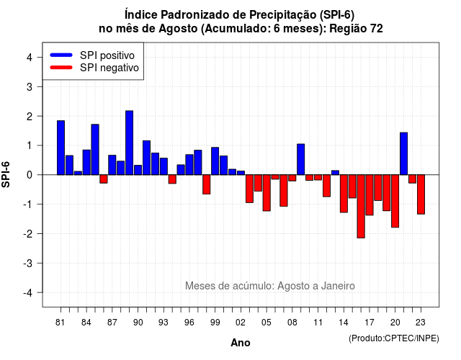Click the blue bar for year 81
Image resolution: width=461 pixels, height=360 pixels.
tap(61, 148)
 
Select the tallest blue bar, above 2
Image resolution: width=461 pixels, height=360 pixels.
tap(130, 143)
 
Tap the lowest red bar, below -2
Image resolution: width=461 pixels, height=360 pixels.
tap(361, 207)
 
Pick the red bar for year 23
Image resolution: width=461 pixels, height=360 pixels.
tap(421, 194)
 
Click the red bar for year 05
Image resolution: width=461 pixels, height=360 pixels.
tap(267, 193)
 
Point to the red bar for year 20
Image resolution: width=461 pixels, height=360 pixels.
tap(395, 201)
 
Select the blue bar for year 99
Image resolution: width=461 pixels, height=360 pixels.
tap(215, 161)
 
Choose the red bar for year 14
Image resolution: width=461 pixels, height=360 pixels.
tap(344, 194)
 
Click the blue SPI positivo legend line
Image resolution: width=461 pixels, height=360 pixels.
tap(61, 55)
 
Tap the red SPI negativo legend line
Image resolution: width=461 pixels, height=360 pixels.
tap(61, 68)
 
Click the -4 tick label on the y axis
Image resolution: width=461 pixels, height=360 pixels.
tap(28, 293)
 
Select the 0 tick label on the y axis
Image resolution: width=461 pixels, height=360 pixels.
tap(30, 175)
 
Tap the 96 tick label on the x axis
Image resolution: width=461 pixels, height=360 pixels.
tap(189, 323)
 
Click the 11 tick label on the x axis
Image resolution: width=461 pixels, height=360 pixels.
tap(318, 323)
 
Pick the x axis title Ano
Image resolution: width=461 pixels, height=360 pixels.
tap(241, 343)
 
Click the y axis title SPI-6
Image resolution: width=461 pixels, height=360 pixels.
tap(6, 174)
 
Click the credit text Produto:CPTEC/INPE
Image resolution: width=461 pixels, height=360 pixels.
tap(394, 338)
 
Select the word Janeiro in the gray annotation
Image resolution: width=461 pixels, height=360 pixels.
tap(338, 286)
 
